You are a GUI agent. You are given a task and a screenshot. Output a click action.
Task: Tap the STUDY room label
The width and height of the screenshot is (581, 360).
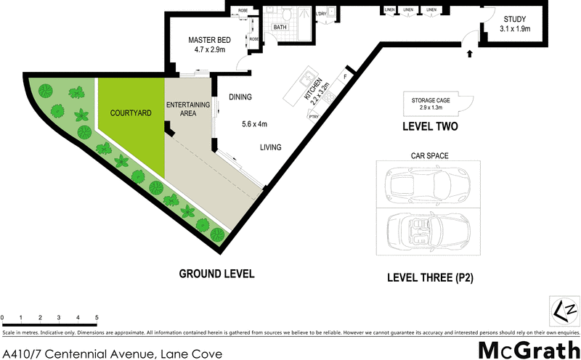click(x=515, y=24)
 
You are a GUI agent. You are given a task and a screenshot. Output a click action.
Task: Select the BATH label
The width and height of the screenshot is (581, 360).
click(x=280, y=27)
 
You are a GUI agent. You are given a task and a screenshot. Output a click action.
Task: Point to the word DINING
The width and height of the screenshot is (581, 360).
click(x=240, y=97)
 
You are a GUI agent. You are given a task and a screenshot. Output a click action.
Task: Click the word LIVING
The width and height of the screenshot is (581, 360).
click(x=271, y=147)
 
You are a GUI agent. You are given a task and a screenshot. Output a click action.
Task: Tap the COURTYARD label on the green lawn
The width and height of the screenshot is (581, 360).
click(x=130, y=113)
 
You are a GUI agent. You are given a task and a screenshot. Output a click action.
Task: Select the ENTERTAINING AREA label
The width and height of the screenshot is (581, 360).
click(x=187, y=110)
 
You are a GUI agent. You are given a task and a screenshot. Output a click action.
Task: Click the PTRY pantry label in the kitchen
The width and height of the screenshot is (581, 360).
click(x=314, y=117)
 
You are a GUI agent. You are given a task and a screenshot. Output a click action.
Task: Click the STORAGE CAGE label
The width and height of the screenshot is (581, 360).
click(x=431, y=102)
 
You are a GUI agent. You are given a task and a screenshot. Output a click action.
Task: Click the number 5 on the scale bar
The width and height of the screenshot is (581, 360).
click(x=97, y=318)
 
